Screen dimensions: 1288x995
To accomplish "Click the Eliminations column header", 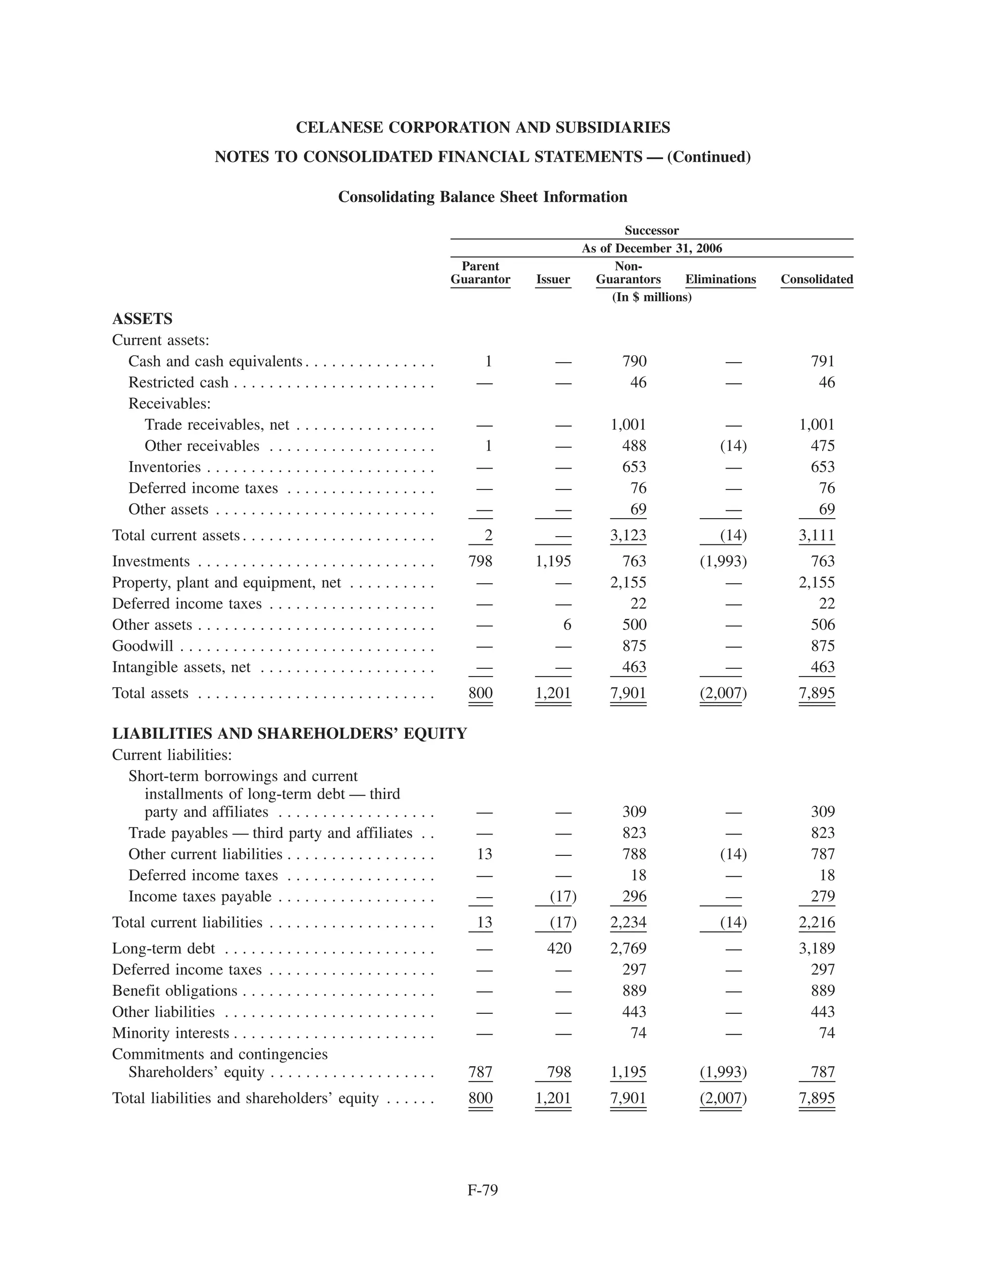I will click(x=721, y=279).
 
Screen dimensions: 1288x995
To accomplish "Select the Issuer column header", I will click(x=553, y=279).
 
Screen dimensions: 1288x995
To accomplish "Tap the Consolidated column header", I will click(x=816, y=279).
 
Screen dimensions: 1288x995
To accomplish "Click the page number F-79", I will click(x=483, y=1190).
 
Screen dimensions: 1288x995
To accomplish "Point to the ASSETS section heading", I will click(x=142, y=319).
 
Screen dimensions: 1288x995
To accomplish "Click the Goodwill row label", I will click(x=143, y=646).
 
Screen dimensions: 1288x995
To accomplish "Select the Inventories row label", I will click(x=165, y=467).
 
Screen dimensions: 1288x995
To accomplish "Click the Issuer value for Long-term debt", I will click(x=559, y=948).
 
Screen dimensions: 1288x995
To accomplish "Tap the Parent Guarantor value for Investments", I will click(x=480, y=561).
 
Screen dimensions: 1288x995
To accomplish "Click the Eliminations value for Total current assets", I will click(x=733, y=536).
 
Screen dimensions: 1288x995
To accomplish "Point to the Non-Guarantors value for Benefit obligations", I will click(x=634, y=991).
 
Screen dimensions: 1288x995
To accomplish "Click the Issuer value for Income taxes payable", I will click(x=562, y=896).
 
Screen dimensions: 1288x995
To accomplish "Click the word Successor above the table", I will click(x=652, y=230).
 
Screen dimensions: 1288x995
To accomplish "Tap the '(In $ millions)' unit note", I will click(x=652, y=297).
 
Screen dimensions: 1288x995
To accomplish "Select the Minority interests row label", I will click(x=171, y=1033).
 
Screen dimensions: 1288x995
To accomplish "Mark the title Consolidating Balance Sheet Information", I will click(x=482, y=197).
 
